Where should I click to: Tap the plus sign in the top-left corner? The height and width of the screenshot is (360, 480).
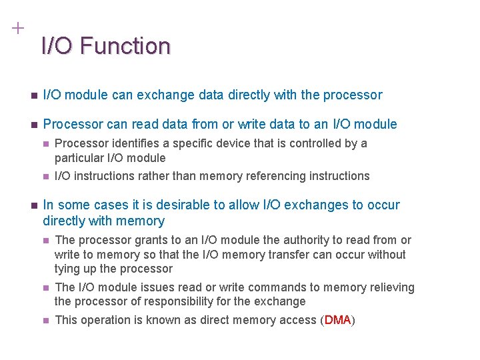pyautogui.click(x=17, y=29)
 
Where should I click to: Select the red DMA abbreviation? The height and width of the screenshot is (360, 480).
pyautogui.click(x=337, y=320)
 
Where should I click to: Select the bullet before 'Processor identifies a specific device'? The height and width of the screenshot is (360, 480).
pyautogui.click(x=45, y=144)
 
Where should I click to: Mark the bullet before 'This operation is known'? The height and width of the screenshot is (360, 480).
pyautogui.click(x=45, y=321)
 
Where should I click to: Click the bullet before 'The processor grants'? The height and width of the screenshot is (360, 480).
pyautogui.click(x=45, y=241)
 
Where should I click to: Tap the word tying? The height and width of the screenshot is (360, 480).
pyautogui.click(x=67, y=269)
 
